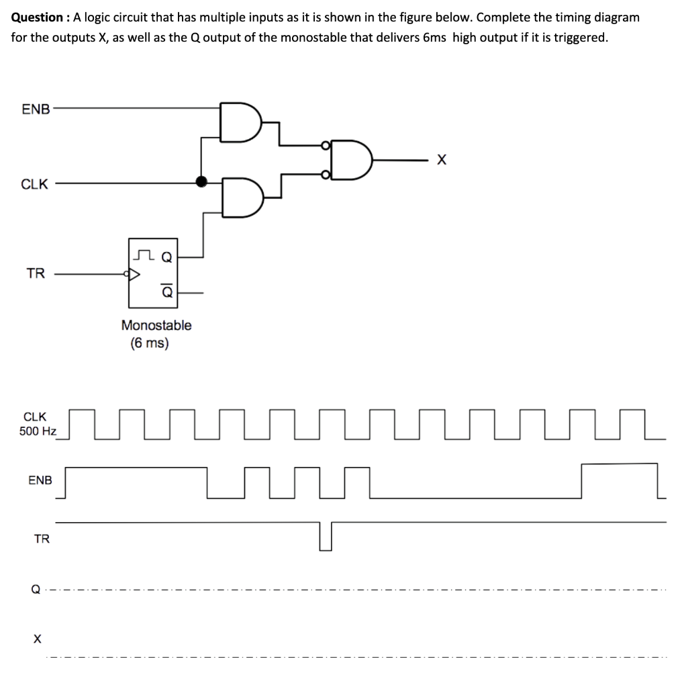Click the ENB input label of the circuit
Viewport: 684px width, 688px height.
[36, 110]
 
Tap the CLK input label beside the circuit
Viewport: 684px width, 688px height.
[34, 184]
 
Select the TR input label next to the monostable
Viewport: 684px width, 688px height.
[36, 273]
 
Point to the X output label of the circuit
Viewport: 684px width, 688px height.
[440, 160]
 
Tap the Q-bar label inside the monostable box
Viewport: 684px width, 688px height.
[166, 292]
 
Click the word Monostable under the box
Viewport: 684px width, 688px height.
[156, 325]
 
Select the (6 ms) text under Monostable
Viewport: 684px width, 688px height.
[150, 343]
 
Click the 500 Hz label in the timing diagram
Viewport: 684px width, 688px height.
[38, 431]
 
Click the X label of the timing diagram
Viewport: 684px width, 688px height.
[38, 638]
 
